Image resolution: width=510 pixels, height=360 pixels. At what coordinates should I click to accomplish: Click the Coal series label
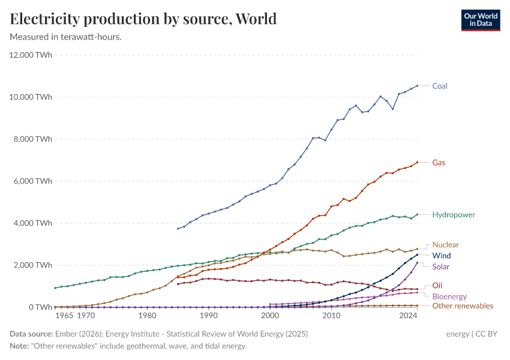coord(440,86)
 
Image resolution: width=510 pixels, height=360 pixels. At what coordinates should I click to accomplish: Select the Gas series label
coord(439,163)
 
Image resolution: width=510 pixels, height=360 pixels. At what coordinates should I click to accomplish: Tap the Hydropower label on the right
coord(453,214)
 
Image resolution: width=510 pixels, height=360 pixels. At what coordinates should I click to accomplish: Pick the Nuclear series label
coord(445,245)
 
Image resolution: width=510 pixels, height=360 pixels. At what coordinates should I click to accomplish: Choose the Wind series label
coord(442,256)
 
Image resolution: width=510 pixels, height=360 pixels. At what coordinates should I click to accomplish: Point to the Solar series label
coord(441,266)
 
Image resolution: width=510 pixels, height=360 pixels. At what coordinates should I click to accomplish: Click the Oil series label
coord(437,286)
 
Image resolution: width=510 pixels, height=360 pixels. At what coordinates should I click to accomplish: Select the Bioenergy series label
coord(449,296)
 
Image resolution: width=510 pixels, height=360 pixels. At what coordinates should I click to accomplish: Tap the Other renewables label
coord(463,306)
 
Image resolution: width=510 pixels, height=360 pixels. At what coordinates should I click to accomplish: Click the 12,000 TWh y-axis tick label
coord(30,55)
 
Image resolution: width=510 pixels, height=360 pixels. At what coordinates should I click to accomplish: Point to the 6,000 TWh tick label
coord(32,181)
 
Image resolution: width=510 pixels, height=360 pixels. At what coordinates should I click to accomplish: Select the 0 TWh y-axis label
coord(40,307)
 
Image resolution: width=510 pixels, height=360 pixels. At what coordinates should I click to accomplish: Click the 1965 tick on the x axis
coord(65,315)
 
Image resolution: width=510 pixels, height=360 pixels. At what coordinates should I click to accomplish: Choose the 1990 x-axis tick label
coord(208,315)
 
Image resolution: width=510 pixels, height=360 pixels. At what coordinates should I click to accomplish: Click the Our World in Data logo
coord(481,20)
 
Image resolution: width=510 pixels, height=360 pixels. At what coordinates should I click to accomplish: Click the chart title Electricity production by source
coord(143,19)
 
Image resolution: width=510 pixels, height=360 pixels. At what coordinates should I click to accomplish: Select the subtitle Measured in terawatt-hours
coord(66,37)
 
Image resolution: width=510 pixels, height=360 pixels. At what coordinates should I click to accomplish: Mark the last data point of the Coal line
coord(418,86)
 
